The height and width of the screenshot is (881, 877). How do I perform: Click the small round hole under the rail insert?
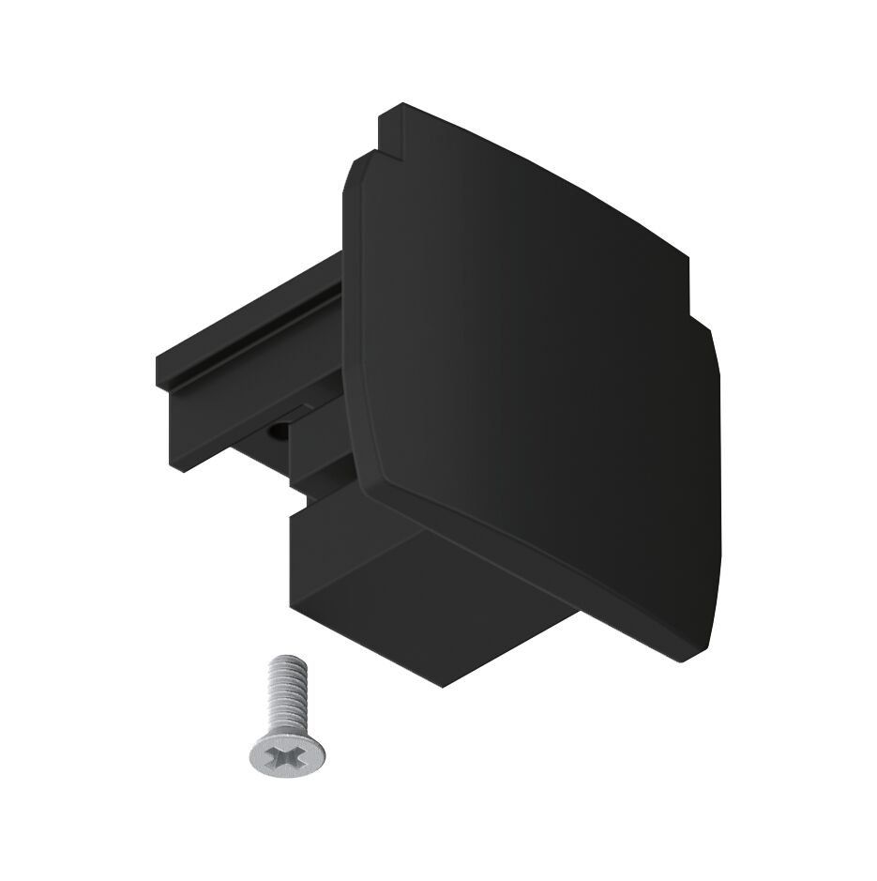(279, 431)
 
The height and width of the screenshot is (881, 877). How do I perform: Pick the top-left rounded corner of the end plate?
(356, 169)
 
